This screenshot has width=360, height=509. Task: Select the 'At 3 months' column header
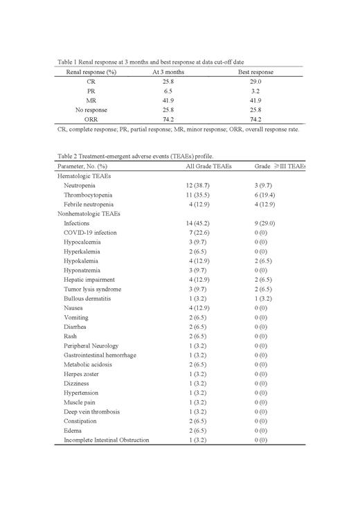point(168,72)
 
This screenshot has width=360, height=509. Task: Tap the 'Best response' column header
point(255,72)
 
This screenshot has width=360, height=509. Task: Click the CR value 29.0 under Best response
point(255,82)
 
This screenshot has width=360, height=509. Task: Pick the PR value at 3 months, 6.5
point(168,91)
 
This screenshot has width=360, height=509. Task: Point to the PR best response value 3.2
point(255,91)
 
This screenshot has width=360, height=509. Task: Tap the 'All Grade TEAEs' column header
point(207,167)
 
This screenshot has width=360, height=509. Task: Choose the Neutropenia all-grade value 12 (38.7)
point(200,186)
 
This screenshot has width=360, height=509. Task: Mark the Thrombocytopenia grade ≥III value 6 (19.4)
point(269,196)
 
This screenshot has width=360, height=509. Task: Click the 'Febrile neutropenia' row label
point(90,205)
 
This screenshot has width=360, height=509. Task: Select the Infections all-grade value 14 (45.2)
point(200,224)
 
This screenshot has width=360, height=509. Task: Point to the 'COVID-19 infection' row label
point(90,233)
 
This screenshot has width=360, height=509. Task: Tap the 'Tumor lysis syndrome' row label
point(92,289)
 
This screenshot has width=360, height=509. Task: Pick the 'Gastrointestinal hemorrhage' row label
point(100,355)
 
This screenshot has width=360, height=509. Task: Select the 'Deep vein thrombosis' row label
point(91,411)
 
